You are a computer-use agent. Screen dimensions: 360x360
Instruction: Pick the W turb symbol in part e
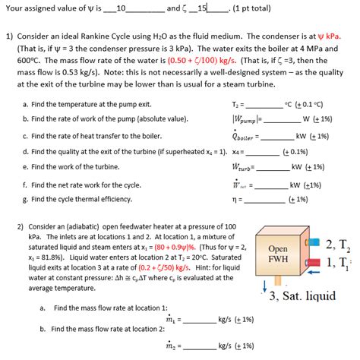(242, 166)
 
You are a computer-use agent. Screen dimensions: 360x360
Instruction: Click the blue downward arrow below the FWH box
(264, 286)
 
